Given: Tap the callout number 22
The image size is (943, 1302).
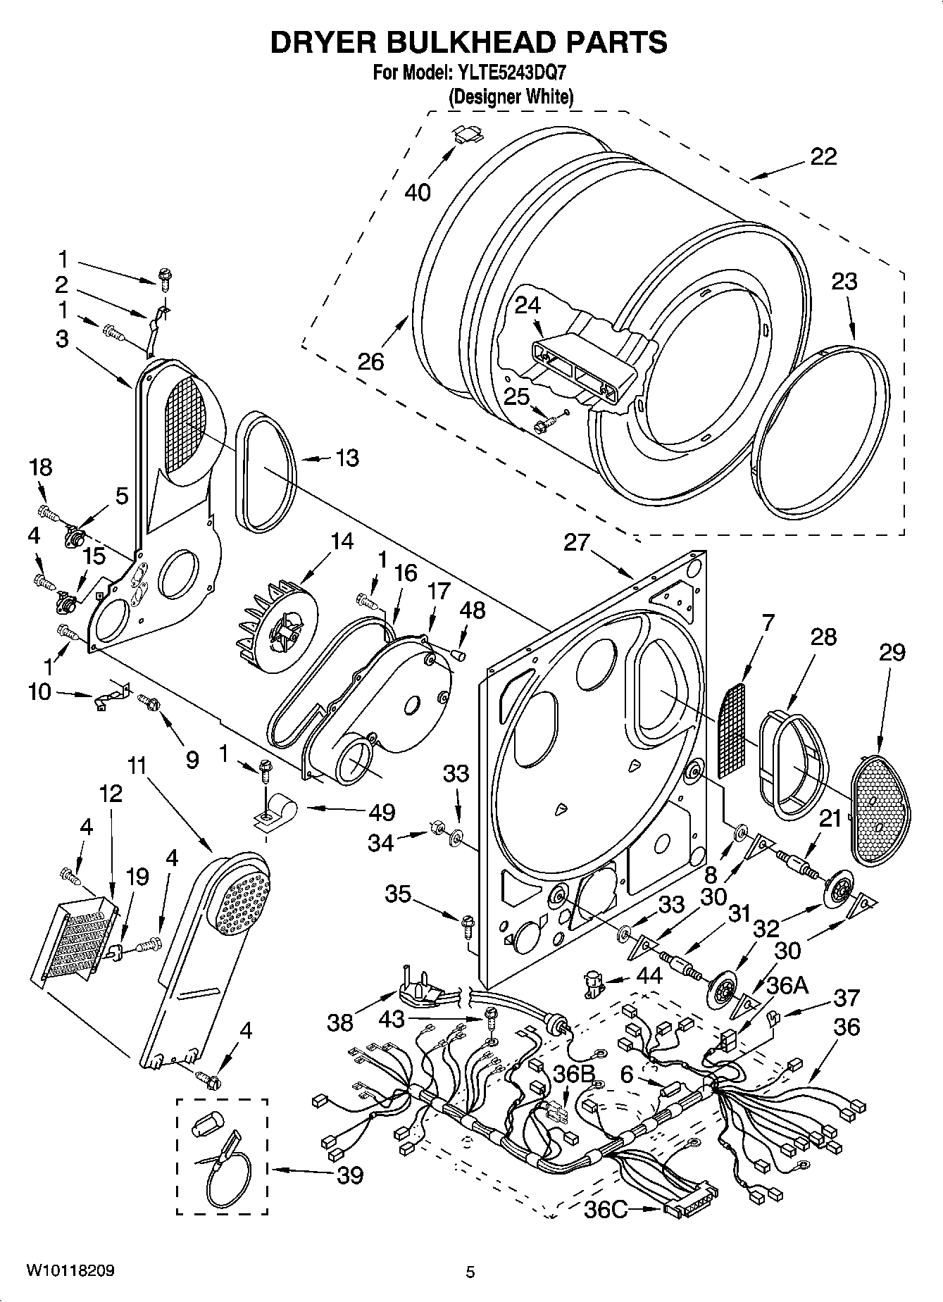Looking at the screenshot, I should [x=823, y=156].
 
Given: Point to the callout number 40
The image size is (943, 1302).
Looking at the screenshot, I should [x=418, y=192].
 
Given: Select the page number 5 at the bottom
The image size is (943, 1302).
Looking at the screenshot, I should [x=470, y=1272].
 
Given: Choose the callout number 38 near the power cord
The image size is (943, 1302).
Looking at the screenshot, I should [x=340, y=1022].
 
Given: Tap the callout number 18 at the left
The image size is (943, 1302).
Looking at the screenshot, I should [x=41, y=467].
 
